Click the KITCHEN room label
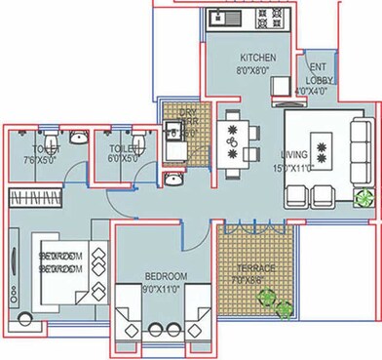click(x=254, y=59)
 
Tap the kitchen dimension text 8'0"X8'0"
click(x=254, y=69)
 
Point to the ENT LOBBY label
click(x=317, y=78)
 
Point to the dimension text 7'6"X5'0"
click(x=41, y=160)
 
